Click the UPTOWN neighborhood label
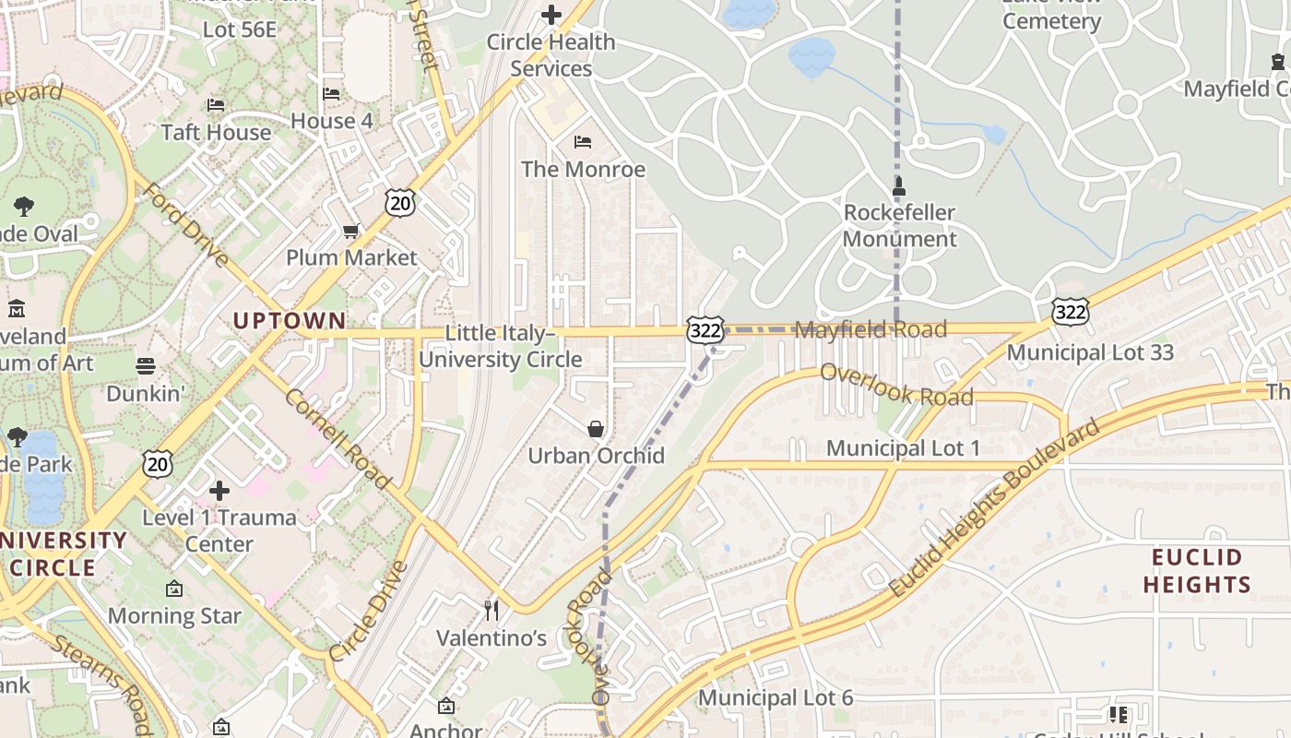290,321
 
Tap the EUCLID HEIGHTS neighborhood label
1197,571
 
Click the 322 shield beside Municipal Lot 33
1071,313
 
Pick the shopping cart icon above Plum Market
350,231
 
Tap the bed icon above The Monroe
583,141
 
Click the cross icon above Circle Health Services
551,15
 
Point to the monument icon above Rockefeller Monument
899,185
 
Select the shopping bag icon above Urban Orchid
596,429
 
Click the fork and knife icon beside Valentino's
492,610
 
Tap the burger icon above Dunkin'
146,366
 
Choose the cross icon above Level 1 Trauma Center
219,490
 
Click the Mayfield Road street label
871,329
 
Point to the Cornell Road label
338,438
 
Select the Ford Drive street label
187,224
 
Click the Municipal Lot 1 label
903,448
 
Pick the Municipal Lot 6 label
776,697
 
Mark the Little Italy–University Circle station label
501,346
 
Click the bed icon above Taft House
216,104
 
